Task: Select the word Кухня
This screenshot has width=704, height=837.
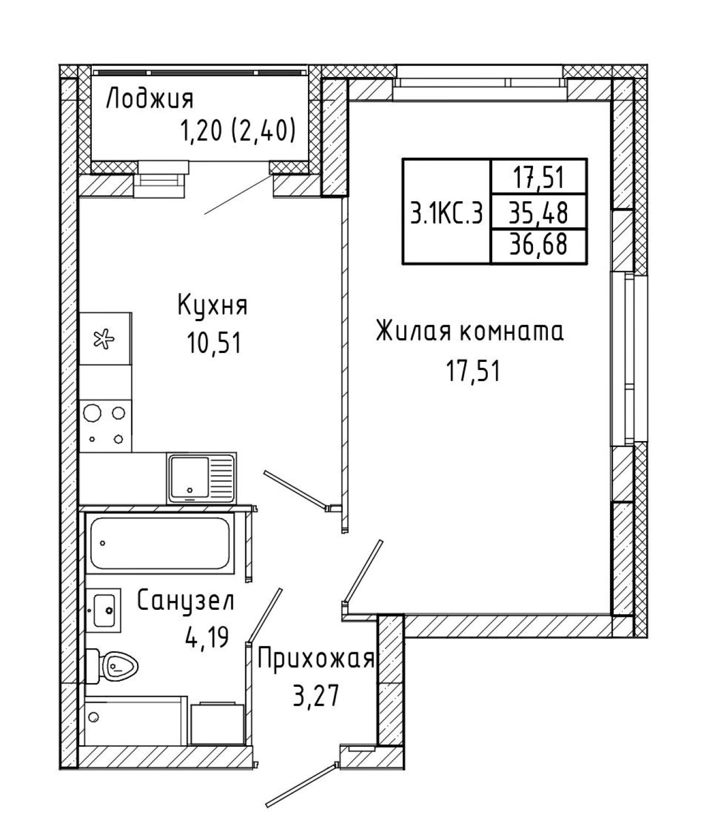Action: [212, 305]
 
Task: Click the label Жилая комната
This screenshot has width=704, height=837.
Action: [470, 332]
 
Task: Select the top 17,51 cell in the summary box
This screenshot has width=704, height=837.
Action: [539, 178]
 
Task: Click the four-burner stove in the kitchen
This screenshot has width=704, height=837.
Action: [106, 426]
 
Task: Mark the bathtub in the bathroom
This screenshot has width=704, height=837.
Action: [159, 543]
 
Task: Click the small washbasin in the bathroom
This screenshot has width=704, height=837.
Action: [103, 610]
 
